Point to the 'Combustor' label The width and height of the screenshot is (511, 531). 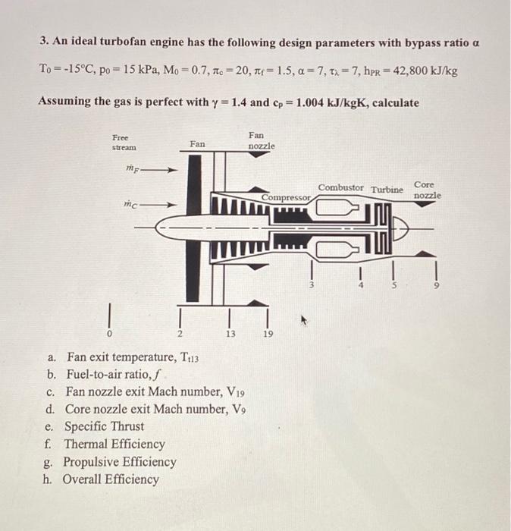pyautogui.click(x=340, y=187)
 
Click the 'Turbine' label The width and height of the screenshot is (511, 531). pyautogui.click(x=386, y=189)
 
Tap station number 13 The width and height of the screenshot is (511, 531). pyautogui.click(x=228, y=333)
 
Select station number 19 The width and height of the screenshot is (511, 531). pyautogui.click(x=265, y=333)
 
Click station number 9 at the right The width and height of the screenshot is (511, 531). pyautogui.click(x=436, y=286)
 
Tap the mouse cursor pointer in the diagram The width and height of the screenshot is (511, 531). pyautogui.click(x=305, y=321)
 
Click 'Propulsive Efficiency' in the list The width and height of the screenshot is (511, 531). pyautogui.click(x=120, y=462)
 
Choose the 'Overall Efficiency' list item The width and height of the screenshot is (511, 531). pyautogui.click(x=111, y=479)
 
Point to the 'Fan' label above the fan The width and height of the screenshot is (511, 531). pyautogui.click(x=197, y=143)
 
